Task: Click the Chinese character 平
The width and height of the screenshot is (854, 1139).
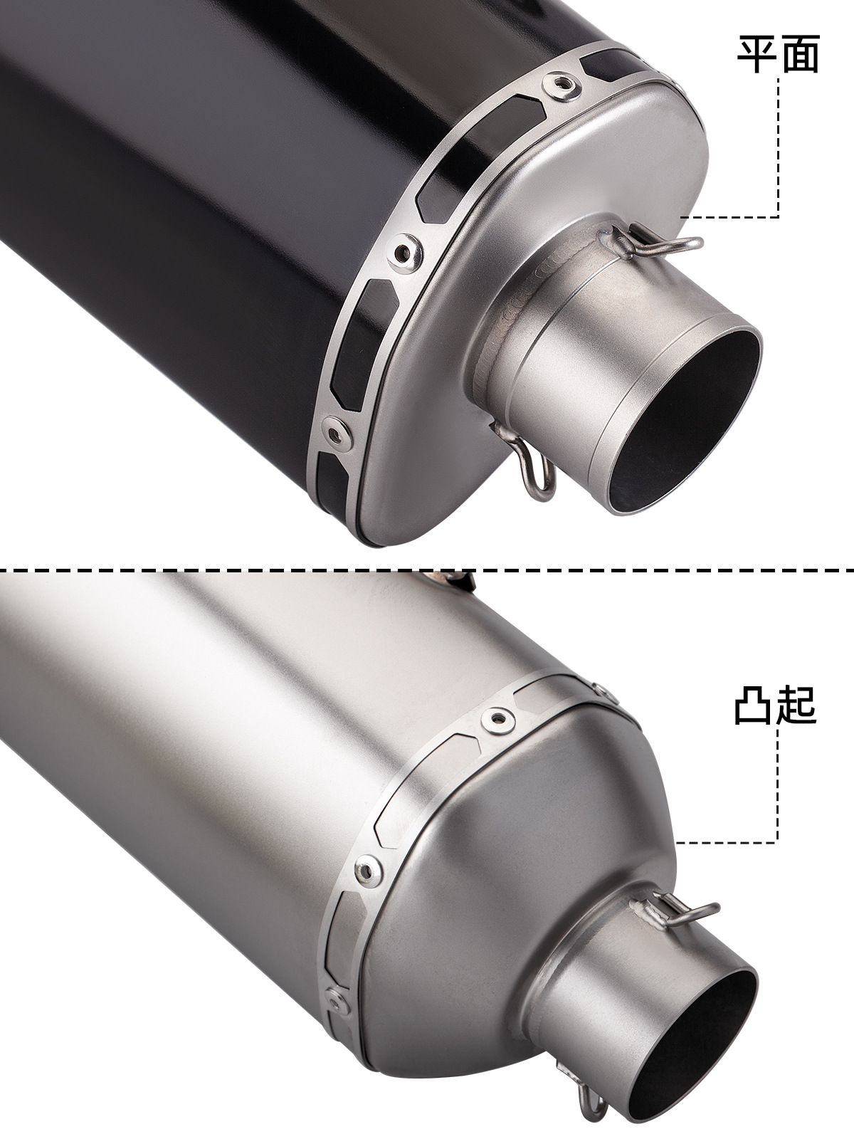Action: click(x=757, y=54)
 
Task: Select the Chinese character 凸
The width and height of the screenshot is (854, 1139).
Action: click(x=754, y=705)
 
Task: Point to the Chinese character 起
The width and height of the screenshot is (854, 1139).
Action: click(x=797, y=705)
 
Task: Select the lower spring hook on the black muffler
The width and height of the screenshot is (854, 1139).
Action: click(x=524, y=456)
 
